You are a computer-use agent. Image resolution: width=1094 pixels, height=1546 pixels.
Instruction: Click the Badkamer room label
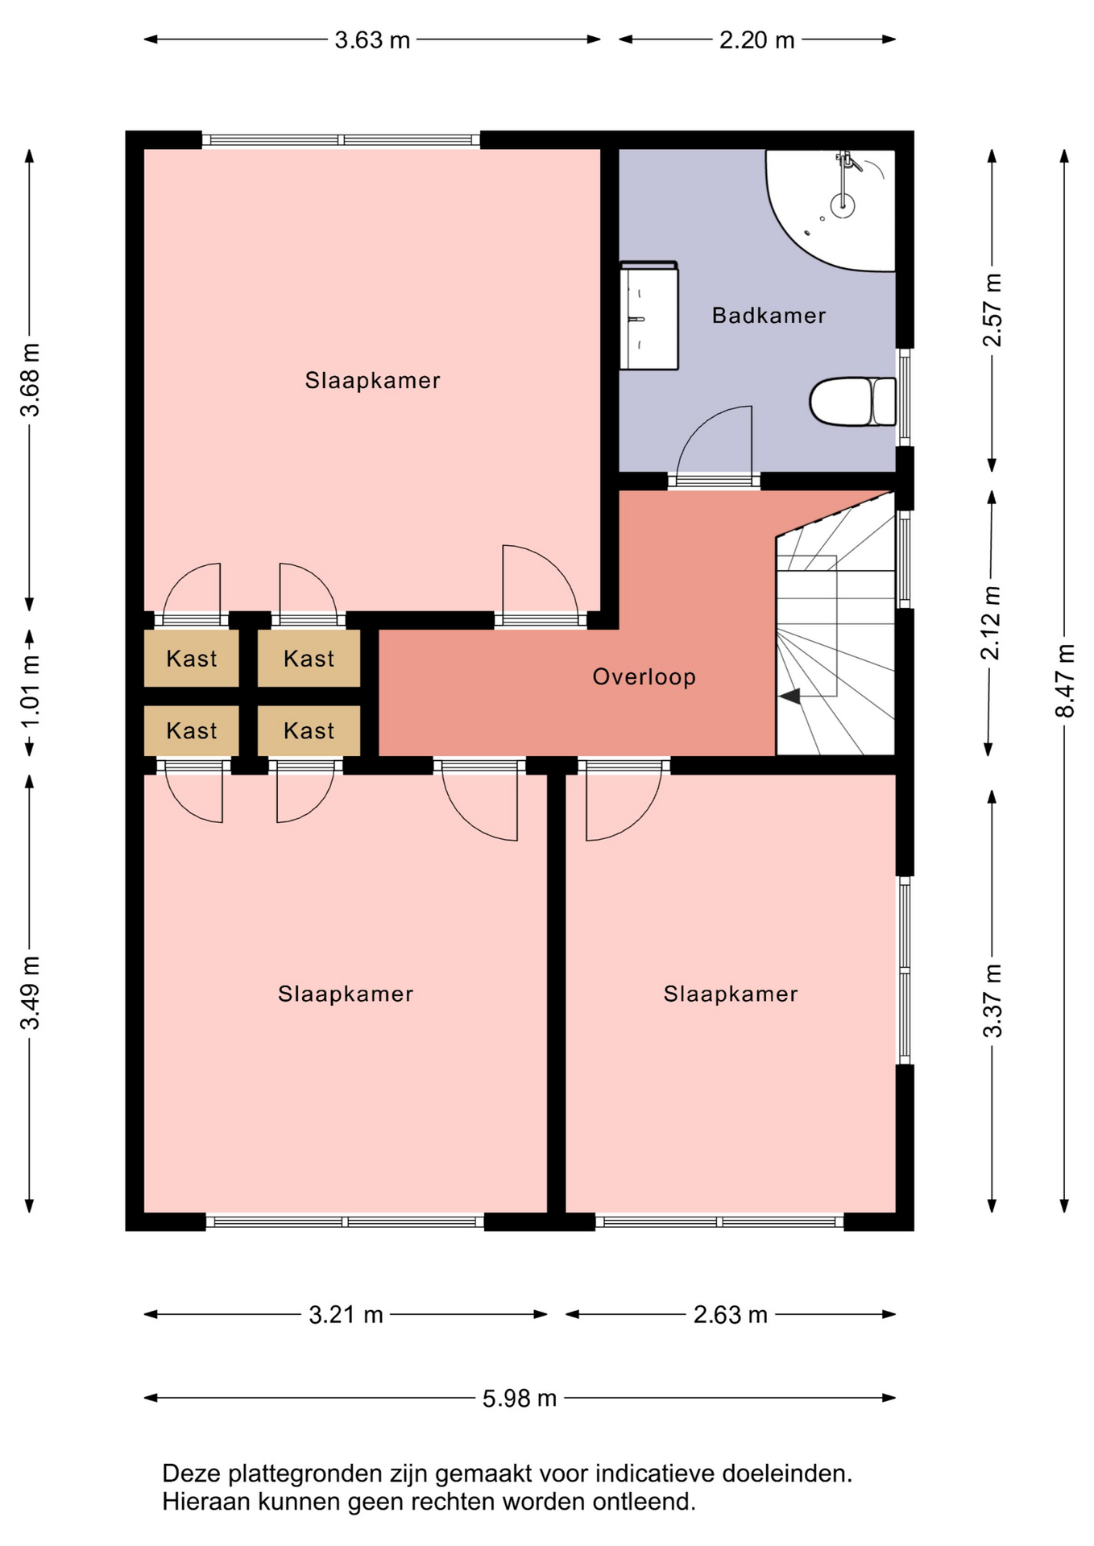pos(769,316)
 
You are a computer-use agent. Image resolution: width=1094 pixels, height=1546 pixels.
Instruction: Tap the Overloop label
pos(644,677)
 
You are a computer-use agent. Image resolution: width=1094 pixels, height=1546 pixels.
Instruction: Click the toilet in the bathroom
pos(852,401)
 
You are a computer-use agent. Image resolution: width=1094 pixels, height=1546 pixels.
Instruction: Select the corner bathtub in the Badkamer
pos(831,209)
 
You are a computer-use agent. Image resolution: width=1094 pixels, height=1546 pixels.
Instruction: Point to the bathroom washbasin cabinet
pos(649,316)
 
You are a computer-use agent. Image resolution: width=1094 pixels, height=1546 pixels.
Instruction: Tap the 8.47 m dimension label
pos(1065,680)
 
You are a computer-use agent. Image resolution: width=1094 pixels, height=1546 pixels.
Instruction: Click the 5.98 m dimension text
pos(520,1399)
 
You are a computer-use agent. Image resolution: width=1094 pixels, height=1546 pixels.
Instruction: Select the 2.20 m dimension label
pos(756,40)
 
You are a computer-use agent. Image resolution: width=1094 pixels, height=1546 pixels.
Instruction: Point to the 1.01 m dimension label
pos(30,692)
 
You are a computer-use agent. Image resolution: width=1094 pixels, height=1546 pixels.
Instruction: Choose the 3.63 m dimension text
pos(372,40)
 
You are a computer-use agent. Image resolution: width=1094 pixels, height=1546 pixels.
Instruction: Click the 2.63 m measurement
pos(730,1315)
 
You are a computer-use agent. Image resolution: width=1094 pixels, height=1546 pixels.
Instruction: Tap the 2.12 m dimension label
pos(992,623)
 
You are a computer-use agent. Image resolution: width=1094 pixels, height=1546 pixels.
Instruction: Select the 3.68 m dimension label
pos(30,380)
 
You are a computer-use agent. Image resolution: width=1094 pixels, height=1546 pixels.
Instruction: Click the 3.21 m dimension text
pos(346,1315)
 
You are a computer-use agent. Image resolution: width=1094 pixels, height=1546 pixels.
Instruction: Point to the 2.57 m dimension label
pos(992,311)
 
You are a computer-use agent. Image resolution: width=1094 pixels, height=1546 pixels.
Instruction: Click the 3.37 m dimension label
pos(992,1001)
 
